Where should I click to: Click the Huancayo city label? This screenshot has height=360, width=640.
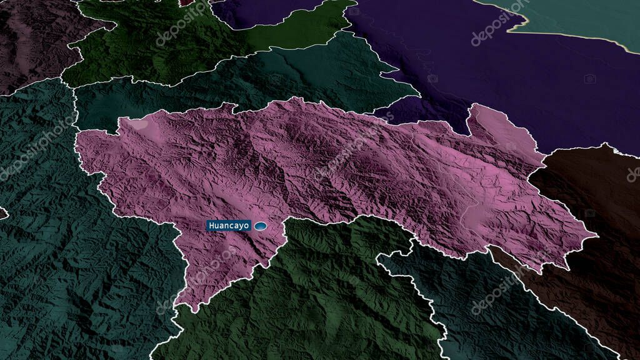pyautogui.click(x=229, y=226)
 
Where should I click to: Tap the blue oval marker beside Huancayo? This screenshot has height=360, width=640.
pyautogui.click(x=260, y=226)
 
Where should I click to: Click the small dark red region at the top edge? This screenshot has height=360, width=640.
pyautogui.click(x=187, y=2)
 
